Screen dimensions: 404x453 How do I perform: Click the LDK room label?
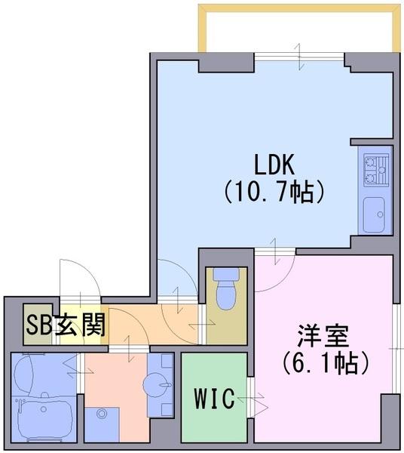[x=274, y=165]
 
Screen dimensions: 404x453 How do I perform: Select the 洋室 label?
[x=323, y=336]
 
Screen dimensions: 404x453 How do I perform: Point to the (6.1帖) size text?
[x=326, y=363]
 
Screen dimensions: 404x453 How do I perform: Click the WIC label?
[x=214, y=399]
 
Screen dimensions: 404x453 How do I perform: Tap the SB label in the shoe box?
[x=39, y=325]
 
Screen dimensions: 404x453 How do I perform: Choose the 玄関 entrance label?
[x=80, y=325]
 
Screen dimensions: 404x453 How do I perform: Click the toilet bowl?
[x=226, y=289]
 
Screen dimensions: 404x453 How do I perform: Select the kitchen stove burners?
[x=376, y=171]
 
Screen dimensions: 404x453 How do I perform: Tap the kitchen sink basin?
[x=374, y=215]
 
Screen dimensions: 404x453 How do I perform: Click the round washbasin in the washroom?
[x=157, y=384]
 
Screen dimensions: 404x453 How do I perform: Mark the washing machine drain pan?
[x=102, y=424]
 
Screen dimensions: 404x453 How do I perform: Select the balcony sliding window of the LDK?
[x=299, y=57]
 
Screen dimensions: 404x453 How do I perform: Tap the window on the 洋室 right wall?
[x=397, y=348]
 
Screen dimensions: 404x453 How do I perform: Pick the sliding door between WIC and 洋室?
[x=250, y=398]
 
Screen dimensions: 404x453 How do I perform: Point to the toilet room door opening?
[x=203, y=324]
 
